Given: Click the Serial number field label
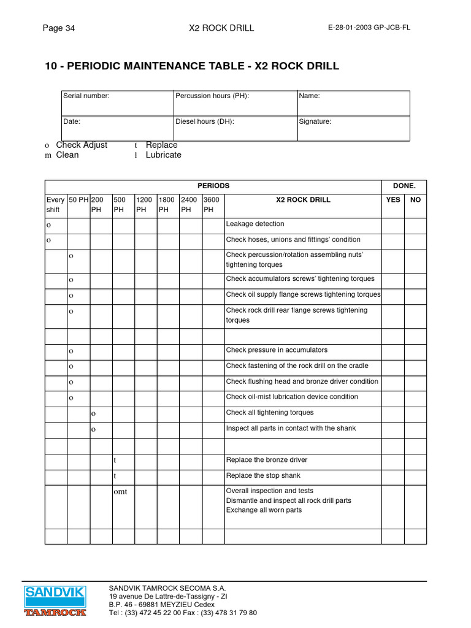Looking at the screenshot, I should (86, 96).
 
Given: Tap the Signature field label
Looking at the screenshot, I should (315, 121).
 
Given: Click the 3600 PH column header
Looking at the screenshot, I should (213, 204).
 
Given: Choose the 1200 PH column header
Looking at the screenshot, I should (145, 204).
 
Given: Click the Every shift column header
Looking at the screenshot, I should (56, 204).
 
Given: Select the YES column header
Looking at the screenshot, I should (392, 200).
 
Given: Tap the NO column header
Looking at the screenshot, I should (415, 200).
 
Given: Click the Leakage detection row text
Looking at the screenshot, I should (255, 224).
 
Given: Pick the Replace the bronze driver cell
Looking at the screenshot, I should (267, 460).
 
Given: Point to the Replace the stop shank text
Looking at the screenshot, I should (263, 475).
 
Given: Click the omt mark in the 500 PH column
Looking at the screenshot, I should (121, 491).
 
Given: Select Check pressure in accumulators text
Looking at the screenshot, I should (277, 350).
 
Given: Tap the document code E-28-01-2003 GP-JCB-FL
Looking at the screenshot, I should (370, 28).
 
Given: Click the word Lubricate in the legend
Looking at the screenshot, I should (164, 155).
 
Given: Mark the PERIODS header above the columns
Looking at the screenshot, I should (213, 185).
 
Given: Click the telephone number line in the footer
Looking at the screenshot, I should (183, 613).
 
